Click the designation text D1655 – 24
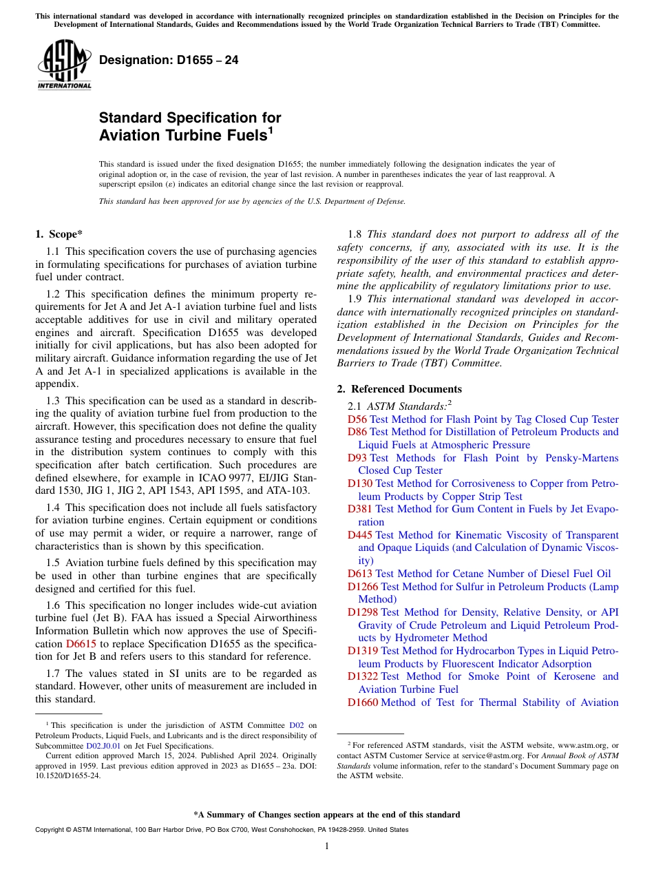(x=169, y=61)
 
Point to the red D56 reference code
(x=357, y=419)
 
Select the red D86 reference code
(x=357, y=432)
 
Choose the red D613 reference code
(x=359, y=574)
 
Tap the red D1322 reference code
(x=362, y=676)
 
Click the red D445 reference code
(x=359, y=535)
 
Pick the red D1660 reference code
(x=362, y=702)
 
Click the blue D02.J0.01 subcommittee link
(x=103, y=745)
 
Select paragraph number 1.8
(x=355, y=234)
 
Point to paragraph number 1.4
(x=53, y=508)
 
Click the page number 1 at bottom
(x=327, y=846)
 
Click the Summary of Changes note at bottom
(x=327, y=815)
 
